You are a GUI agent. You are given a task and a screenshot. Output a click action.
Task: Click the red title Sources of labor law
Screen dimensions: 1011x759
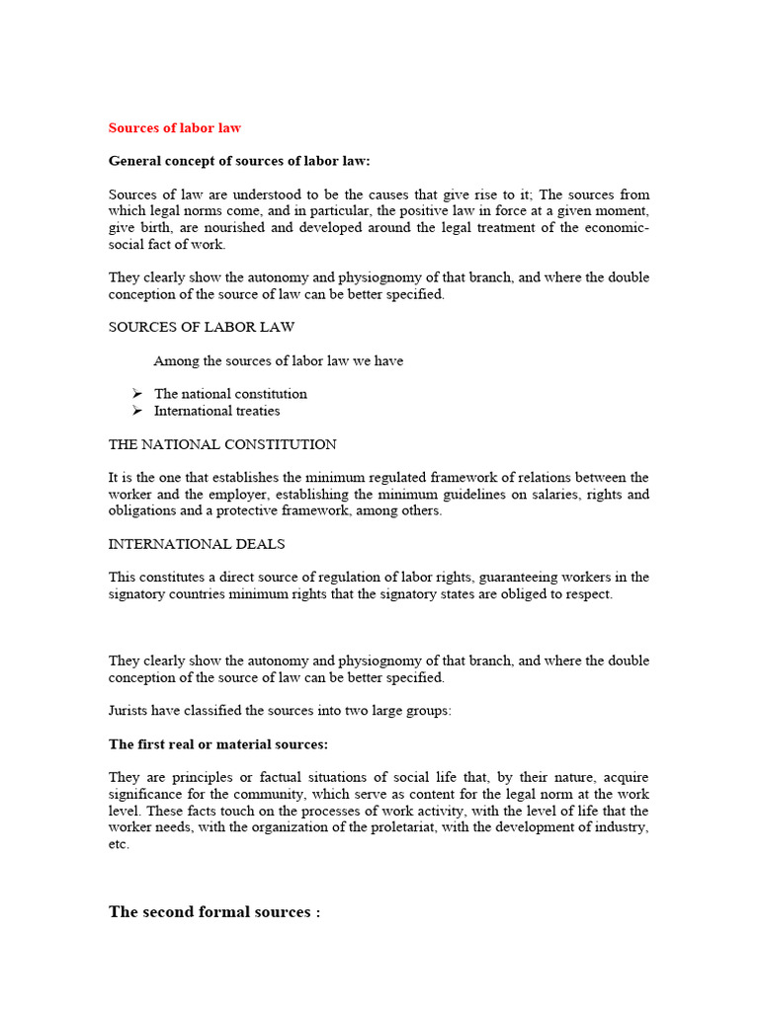(x=174, y=127)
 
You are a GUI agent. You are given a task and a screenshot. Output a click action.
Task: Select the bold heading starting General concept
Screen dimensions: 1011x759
(x=239, y=161)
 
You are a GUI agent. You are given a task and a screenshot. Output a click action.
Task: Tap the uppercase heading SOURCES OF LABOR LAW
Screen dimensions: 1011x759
(x=202, y=327)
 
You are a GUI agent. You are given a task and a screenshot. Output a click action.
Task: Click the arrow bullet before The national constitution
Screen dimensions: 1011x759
(x=138, y=394)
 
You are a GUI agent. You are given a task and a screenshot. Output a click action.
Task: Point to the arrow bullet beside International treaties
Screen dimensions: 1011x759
(x=138, y=411)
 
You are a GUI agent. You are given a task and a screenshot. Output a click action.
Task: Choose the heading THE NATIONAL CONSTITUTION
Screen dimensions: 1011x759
(x=222, y=444)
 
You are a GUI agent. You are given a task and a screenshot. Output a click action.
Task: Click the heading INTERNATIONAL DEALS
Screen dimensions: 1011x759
(x=198, y=544)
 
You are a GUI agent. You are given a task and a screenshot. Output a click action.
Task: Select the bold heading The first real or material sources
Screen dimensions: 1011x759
(x=218, y=743)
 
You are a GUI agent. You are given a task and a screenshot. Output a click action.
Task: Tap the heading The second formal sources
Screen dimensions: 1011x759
(x=214, y=912)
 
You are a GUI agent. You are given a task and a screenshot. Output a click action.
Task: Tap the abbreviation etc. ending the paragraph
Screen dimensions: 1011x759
(x=119, y=844)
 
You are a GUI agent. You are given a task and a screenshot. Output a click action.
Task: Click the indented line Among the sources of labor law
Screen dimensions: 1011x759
(x=278, y=361)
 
